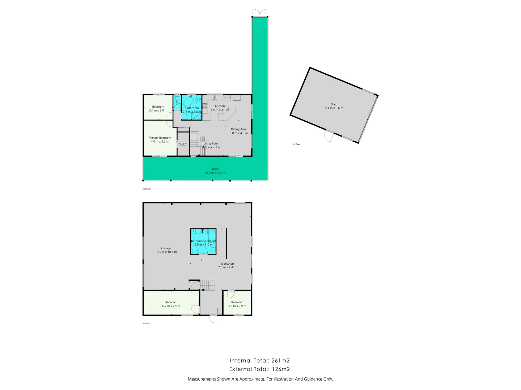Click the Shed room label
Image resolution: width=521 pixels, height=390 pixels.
(x=334, y=104)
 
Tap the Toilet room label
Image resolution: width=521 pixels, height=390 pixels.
(x=177, y=103)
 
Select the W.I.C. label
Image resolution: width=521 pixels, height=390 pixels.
(x=183, y=144)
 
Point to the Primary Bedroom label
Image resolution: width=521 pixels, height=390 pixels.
(x=160, y=138)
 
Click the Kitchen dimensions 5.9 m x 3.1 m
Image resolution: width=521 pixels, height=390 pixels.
(x=220, y=110)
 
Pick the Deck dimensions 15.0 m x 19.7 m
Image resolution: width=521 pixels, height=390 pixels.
(x=215, y=173)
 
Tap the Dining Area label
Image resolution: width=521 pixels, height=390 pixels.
(x=238, y=129)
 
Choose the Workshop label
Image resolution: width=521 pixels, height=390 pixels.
(x=227, y=264)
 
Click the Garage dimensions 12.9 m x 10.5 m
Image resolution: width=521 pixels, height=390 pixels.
(x=166, y=252)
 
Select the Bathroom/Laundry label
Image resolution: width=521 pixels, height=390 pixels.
(x=203, y=241)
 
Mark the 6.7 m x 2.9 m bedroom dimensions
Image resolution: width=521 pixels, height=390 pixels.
(x=171, y=306)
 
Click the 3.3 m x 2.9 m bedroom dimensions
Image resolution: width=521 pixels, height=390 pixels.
(x=237, y=306)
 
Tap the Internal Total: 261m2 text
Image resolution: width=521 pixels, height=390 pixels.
(x=259, y=360)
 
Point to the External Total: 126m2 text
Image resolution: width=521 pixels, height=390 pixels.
(x=259, y=369)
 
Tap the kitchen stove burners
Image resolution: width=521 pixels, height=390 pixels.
(x=205, y=106)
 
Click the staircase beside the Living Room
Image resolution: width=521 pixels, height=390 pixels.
(x=195, y=138)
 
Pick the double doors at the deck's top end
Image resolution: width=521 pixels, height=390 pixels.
(x=260, y=13)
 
